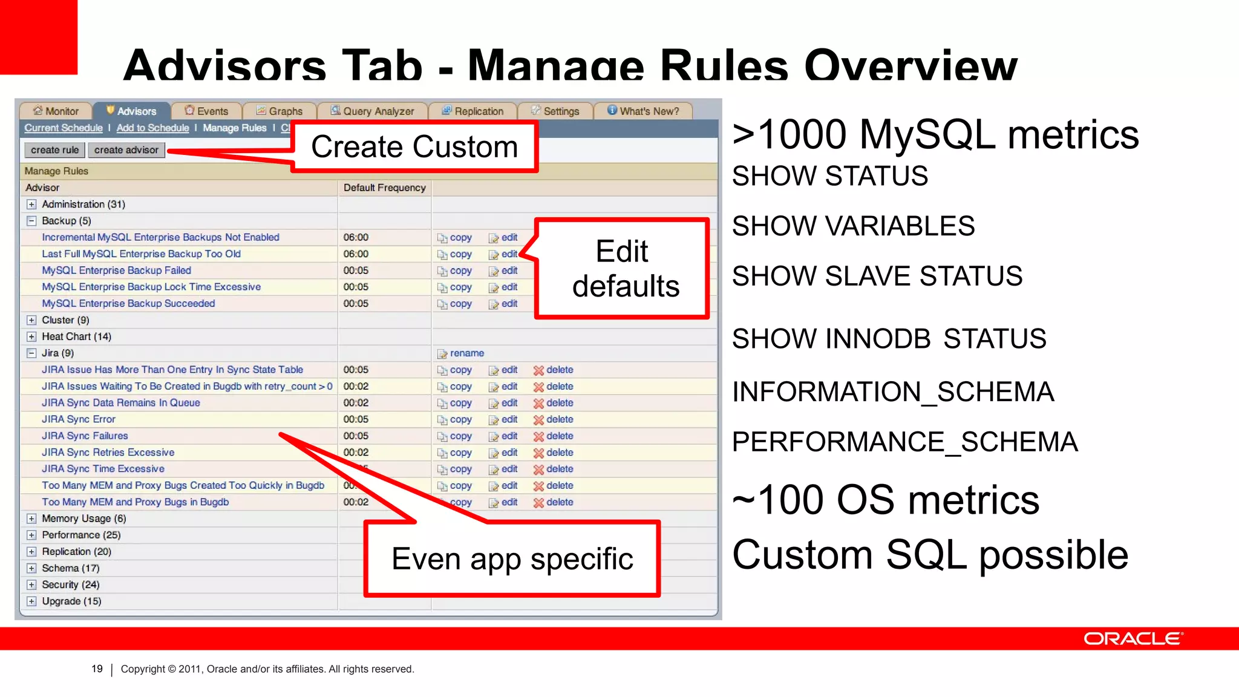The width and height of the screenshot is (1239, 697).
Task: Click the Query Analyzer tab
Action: [x=373, y=111]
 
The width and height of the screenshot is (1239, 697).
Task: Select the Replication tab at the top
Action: [x=472, y=111]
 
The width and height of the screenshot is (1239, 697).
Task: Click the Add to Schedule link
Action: [x=152, y=128]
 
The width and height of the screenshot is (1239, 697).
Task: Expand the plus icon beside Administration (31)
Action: [x=31, y=205]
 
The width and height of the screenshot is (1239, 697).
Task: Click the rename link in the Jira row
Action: [x=466, y=353]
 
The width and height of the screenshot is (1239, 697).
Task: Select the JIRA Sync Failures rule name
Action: [x=85, y=436]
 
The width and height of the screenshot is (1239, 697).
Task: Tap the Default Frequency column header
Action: [x=384, y=188]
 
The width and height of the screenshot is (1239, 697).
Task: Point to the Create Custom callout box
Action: [x=414, y=147]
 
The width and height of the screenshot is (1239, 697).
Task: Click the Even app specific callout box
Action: [x=512, y=558]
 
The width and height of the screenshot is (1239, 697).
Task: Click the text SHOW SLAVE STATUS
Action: [x=877, y=277]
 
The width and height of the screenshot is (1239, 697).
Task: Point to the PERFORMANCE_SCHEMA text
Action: [x=904, y=442]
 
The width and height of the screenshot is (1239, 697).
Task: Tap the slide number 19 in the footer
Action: [x=97, y=669]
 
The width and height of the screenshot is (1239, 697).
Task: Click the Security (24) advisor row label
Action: [x=70, y=584]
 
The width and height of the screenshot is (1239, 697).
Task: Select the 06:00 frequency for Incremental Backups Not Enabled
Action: [x=356, y=238]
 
